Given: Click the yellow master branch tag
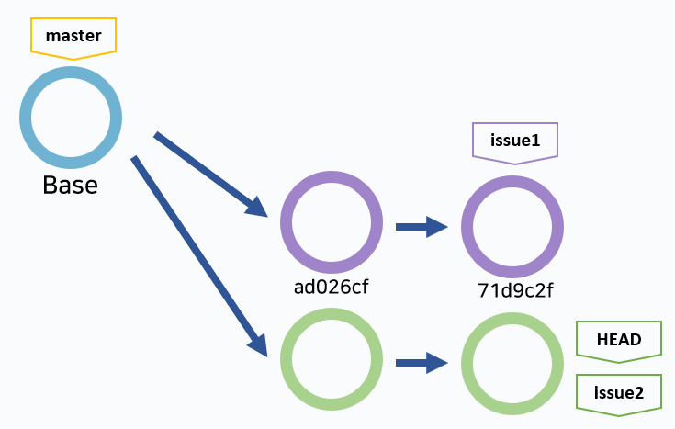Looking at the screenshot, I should click(73, 38).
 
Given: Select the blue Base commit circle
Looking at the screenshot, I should click(71, 117).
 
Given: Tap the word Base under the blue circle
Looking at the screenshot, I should click(71, 185).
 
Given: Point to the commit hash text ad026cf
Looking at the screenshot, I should click(331, 286).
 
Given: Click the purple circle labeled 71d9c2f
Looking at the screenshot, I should click(512, 226).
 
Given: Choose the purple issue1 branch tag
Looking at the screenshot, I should click(514, 142).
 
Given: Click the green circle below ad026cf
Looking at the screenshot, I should click(331, 359).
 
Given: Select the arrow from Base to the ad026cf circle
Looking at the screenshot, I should click(210, 175).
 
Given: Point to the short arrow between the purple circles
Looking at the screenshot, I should click(422, 226).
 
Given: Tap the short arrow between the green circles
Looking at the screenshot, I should click(422, 362).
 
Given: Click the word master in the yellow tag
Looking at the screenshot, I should click(73, 36).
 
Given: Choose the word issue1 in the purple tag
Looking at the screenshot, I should click(514, 141).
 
